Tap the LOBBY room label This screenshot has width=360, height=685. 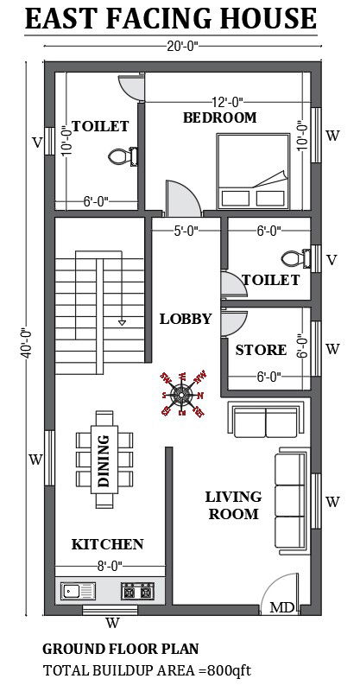pos(185,319)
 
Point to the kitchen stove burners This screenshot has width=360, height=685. pos(137,592)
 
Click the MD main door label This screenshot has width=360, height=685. pos(281,608)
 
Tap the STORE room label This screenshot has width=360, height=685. pos(261,350)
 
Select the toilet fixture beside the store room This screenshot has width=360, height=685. pos(294,258)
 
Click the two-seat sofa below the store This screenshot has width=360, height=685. pos(265,422)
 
